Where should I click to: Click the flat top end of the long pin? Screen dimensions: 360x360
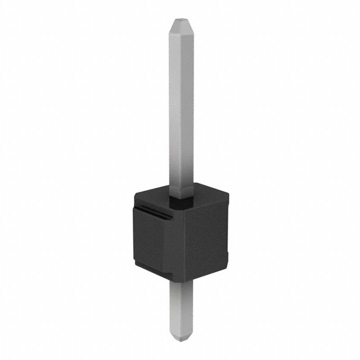click(x=180, y=21)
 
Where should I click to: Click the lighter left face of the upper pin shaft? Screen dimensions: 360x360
click(x=174, y=112)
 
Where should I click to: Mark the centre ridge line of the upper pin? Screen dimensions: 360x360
click(x=181, y=112)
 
